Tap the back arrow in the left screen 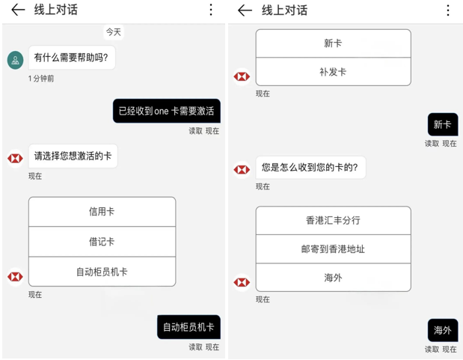[x=18, y=10]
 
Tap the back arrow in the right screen [x=245, y=10]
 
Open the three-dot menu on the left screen [x=211, y=10]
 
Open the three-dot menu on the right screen [x=448, y=10]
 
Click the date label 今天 [x=113, y=32]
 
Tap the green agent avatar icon [x=15, y=60]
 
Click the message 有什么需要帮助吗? [x=72, y=58]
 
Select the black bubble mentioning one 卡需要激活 [x=166, y=112]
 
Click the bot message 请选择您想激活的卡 [x=73, y=156]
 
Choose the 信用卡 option [x=102, y=212]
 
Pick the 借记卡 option [x=102, y=242]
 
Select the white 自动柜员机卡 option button [x=102, y=272]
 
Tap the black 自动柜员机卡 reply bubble [x=188, y=327]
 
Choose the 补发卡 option [x=333, y=72]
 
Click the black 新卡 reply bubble [x=442, y=124]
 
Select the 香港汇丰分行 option [x=333, y=221]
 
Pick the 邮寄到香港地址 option [x=333, y=249]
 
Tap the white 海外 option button [x=333, y=278]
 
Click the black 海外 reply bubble [x=442, y=330]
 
